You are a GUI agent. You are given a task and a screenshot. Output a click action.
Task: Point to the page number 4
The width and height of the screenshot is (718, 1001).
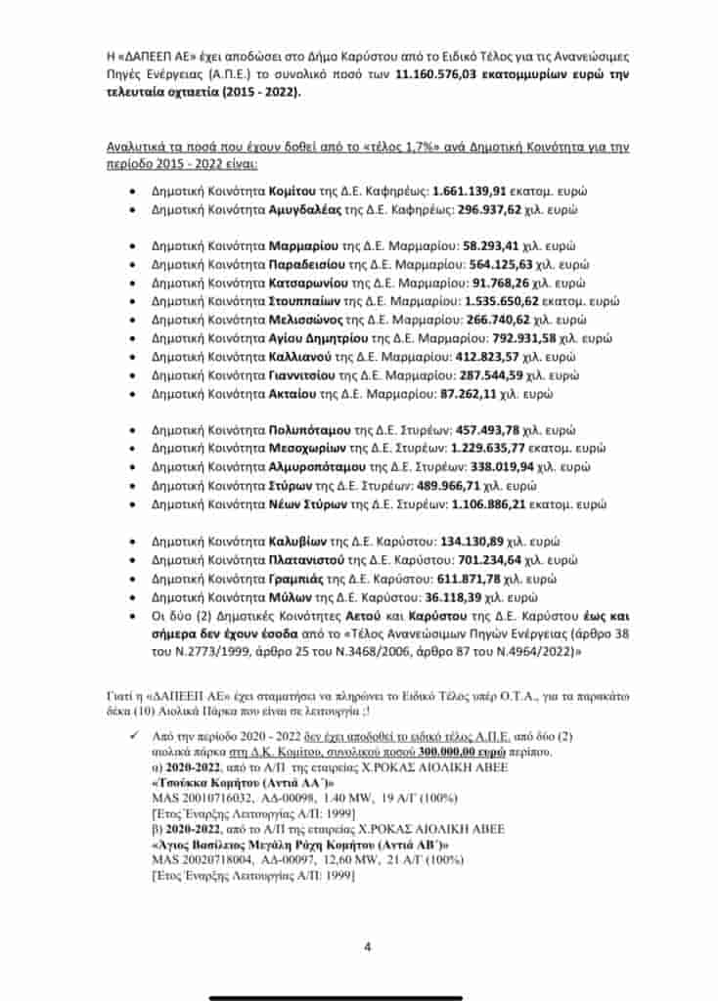point(367,946)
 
